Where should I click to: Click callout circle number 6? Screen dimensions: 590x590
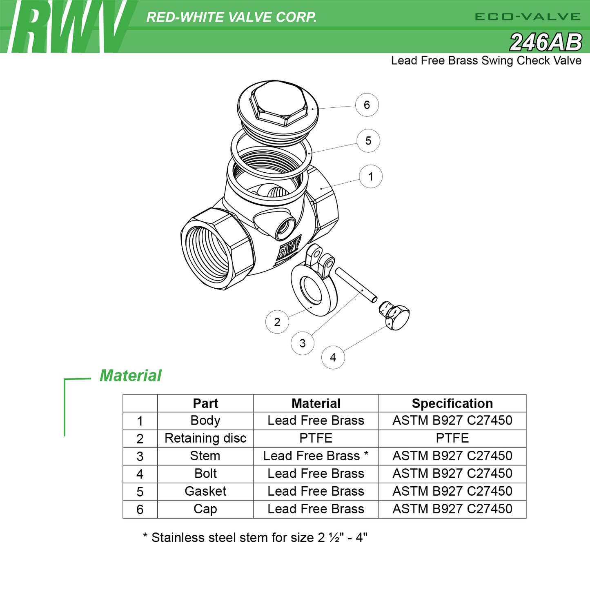tap(367, 105)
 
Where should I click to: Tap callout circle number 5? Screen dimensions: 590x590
tap(368, 141)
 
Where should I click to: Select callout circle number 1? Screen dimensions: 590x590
tap(371, 176)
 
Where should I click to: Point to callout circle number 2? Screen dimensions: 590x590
tap(277, 322)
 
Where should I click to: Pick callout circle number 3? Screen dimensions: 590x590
tap(303, 343)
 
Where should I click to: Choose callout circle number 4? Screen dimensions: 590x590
tap(333, 357)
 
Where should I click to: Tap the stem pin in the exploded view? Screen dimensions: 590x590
tap(356, 285)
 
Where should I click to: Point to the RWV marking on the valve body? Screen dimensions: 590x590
tap(289, 248)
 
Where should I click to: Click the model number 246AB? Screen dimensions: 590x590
tap(546, 42)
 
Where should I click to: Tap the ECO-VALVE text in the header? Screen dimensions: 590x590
tap(528, 17)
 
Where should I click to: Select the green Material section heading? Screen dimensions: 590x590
tap(131, 376)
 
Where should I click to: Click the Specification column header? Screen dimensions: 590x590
tap(452, 403)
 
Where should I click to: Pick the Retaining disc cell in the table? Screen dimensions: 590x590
tap(205, 438)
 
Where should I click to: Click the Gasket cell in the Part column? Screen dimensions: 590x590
tap(205, 491)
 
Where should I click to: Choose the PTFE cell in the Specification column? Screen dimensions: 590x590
tap(452, 438)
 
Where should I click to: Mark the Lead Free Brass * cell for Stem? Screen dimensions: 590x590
tap(316, 456)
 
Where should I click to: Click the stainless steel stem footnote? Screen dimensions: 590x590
tap(255, 537)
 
